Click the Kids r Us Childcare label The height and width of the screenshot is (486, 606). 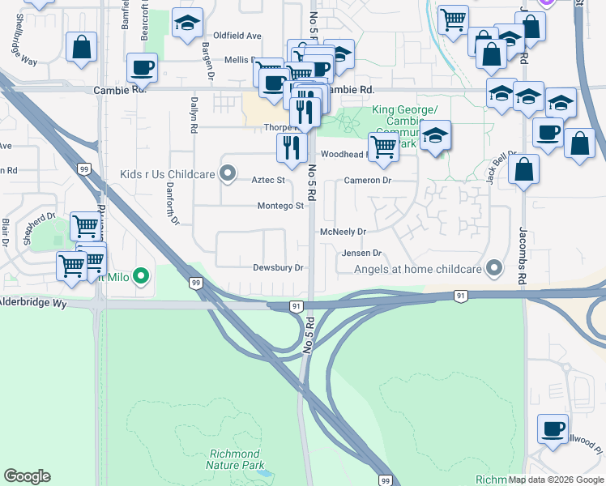pos(167,173)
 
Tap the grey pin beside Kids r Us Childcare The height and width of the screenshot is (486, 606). pos(228,173)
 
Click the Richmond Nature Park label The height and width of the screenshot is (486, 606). pos(234,459)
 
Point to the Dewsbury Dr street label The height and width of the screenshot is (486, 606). pos(277,267)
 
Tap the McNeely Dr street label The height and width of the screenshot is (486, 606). pos(343,232)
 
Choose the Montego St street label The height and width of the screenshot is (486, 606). pos(280,206)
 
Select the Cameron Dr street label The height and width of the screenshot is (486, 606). pos(367,180)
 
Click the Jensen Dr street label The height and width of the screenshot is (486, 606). pos(361,253)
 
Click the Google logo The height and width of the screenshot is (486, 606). pos(27,476)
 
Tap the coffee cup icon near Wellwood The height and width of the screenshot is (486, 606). pos(553,429)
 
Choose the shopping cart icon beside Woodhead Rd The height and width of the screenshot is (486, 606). pos(382,147)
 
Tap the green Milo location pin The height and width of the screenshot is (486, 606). pos(142,277)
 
